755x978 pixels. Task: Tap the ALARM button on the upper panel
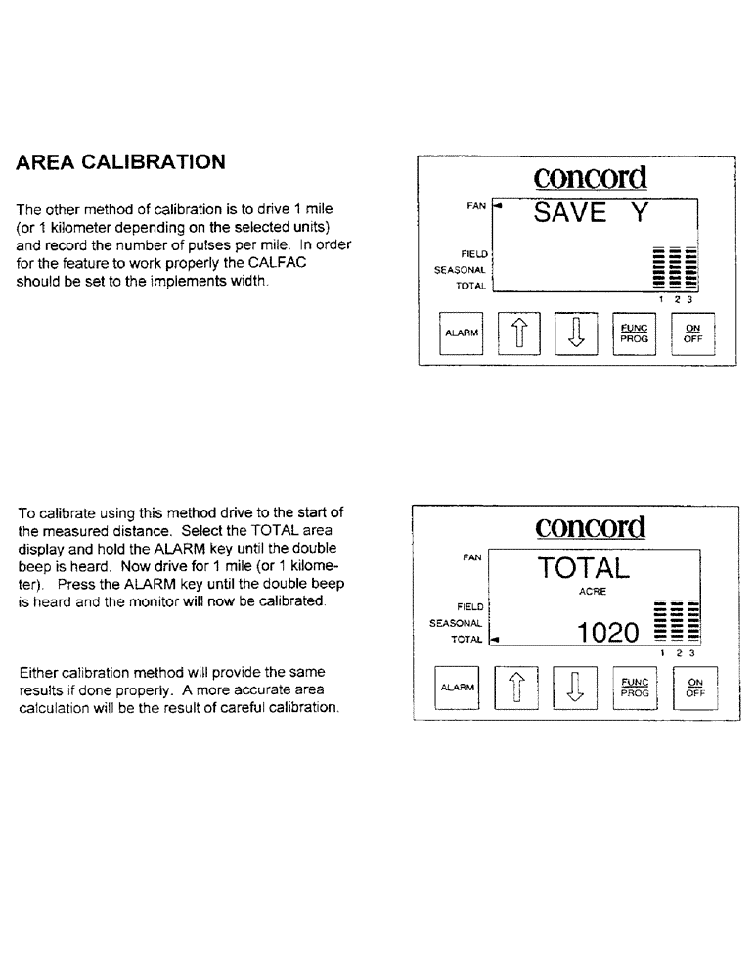tap(461, 333)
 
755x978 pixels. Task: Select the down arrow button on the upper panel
tap(576, 334)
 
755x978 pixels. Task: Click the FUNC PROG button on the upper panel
tap(634, 333)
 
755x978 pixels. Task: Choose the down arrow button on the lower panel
tap(575, 688)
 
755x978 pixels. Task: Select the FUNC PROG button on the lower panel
tap(633, 687)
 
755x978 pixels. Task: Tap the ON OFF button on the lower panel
tap(695, 687)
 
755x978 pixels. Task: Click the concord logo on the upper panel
tap(591, 177)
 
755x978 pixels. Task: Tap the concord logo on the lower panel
tap(591, 528)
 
